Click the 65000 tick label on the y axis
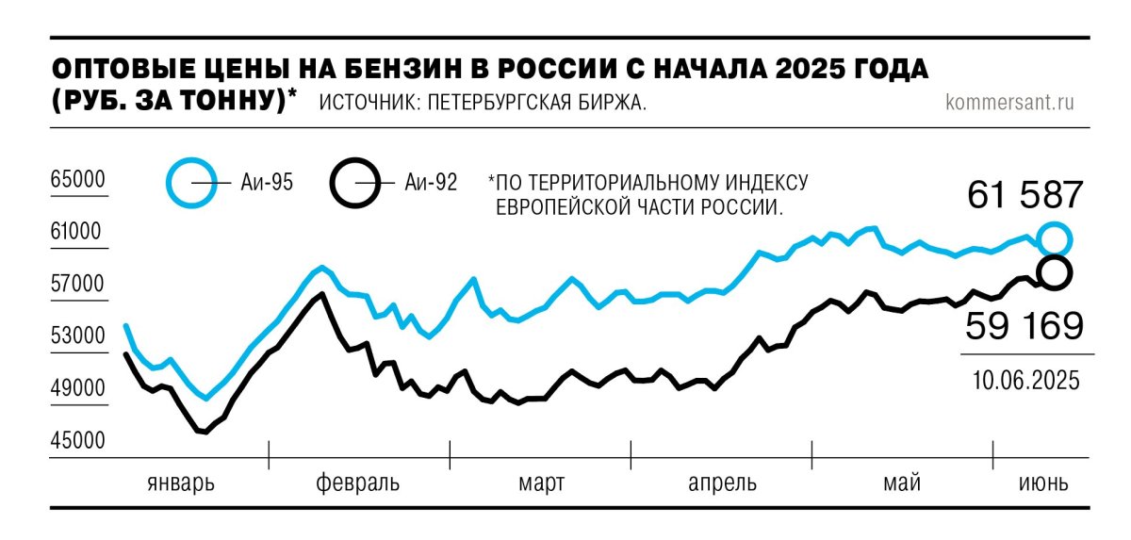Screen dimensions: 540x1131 tap(79, 180)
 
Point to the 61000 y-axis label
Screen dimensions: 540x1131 tap(79, 233)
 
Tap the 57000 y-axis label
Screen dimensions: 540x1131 tap(79, 285)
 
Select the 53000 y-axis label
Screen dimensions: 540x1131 tap(79, 337)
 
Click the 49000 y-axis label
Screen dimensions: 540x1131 tap(79, 389)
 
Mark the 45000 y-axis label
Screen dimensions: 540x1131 tap(79, 441)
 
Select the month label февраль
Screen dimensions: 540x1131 tap(357, 484)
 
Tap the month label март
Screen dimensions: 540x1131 tap(541, 484)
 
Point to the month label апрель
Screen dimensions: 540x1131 tap(722, 484)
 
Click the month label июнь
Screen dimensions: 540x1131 tap(1043, 484)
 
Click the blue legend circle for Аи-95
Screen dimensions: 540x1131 tap(192, 182)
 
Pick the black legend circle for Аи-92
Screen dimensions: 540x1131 tap(355, 182)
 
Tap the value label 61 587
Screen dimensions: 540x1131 tap(1025, 196)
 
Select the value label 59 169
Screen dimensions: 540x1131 tap(1024, 327)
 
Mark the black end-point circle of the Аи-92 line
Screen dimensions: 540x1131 tap(1055, 272)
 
